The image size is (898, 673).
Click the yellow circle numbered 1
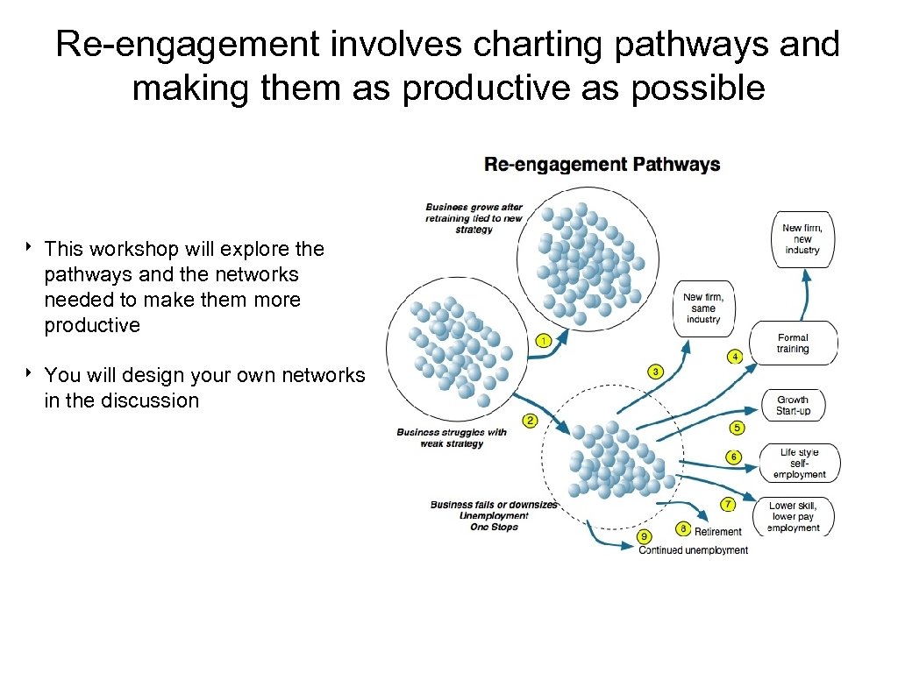(x=544, y=340)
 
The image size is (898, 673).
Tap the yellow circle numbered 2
(x=530, y=422)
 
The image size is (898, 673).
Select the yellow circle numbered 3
(x=656, y=372)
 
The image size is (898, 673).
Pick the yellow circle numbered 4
(x=735, y=357)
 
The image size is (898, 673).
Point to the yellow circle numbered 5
(x=737, y=428)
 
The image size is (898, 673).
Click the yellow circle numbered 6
(x=733, y=457)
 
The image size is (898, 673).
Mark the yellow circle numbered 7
(x=727, y=504)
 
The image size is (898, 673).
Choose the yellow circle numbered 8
(x=682, y=529)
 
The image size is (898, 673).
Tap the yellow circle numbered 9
(x=645, y=535)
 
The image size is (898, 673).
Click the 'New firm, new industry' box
(x=802, y=238)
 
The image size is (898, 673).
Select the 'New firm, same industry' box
(x=703, y=308)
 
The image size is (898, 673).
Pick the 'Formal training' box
(x=793, y=343)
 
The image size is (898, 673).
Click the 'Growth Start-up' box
(x=793, y=406)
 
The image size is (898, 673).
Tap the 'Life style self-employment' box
(x=798, y=464)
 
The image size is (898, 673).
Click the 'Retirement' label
(x=718, y=531)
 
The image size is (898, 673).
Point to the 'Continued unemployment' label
(x=693, y=550)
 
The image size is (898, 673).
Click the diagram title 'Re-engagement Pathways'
(x=602, y=165)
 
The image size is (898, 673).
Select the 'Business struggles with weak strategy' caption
(x=452, y=437)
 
